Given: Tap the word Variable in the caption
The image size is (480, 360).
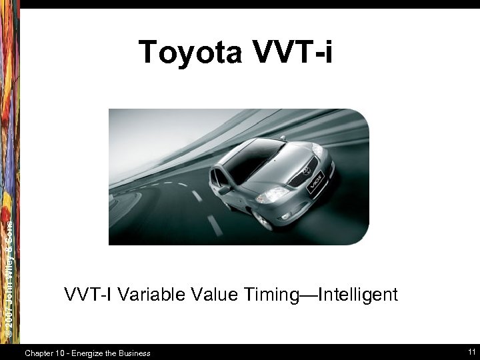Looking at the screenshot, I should [x=149, y=295].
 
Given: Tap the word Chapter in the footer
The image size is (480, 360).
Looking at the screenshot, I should [x=40, y=353].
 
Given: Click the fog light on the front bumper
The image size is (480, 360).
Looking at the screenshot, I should [x=287, y=216].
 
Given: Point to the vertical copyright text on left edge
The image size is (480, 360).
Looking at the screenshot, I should [x=9, y=280].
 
